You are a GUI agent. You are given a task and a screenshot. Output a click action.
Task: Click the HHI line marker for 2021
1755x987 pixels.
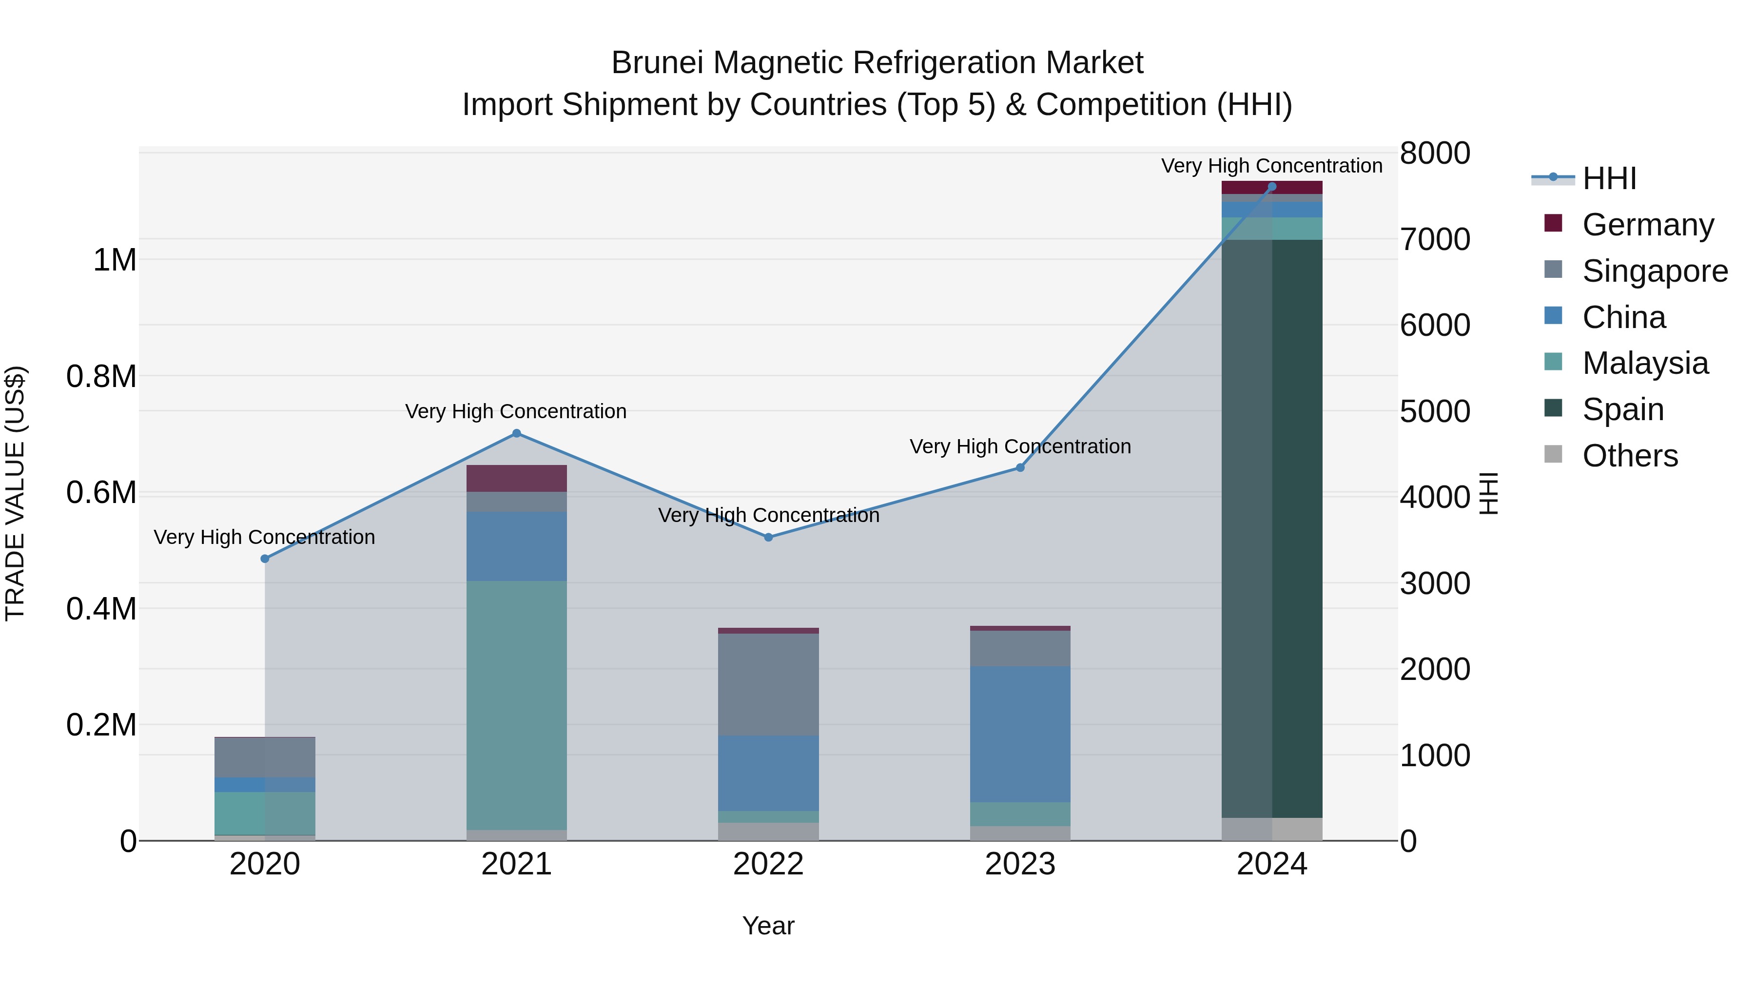(516, 433)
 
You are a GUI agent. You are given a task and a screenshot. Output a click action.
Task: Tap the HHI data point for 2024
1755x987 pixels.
(1271, 187)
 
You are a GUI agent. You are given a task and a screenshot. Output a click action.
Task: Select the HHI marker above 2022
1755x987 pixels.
(768, 538)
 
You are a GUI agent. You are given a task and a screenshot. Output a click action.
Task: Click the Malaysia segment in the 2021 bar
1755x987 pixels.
(516, 705)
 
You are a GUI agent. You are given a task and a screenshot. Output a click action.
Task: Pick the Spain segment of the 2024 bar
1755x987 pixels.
(1271, 528)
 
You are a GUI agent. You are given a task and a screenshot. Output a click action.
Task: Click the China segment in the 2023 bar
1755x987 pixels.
(1020, 735)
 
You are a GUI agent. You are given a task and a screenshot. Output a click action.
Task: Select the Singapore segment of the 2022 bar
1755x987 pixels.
(768, 685)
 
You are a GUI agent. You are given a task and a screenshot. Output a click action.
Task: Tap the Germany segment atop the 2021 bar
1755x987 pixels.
(516, 478)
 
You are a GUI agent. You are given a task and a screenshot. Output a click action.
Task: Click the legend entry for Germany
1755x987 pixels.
(1647, 225)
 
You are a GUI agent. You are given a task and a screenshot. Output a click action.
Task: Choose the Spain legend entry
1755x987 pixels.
(1623, 409)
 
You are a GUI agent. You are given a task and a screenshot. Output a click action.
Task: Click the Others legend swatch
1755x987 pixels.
(1553, 454)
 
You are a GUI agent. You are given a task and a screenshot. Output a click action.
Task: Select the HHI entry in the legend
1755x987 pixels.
(1609, 178)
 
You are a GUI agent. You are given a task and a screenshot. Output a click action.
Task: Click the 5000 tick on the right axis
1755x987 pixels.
(1435, 411)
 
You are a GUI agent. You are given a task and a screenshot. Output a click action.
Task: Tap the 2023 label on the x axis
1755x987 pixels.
(1020, 864)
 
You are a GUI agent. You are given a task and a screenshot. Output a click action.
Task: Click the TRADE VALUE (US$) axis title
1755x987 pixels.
(15, 493)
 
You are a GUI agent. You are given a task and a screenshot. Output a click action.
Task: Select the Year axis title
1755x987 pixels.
(768, 926)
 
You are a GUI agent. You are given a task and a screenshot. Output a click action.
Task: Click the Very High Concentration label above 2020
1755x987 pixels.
(264, 538)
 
